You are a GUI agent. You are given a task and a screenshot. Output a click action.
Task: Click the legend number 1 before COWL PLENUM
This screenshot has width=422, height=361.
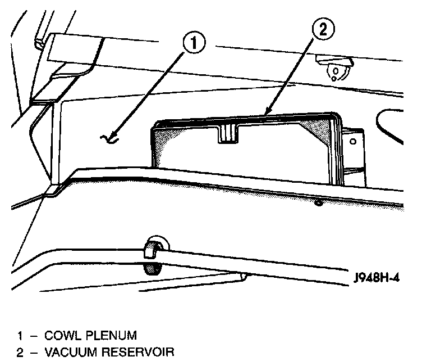pos(20,336)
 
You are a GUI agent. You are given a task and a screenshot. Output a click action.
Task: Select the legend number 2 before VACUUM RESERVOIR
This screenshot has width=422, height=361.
pos(20,353)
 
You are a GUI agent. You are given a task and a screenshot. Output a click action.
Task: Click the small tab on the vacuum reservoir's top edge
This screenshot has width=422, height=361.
pos(228,133)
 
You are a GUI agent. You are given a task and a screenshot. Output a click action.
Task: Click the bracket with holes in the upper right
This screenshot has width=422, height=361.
pos(335,69)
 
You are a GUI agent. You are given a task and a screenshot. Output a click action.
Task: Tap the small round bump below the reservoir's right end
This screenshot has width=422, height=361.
pos(318,201)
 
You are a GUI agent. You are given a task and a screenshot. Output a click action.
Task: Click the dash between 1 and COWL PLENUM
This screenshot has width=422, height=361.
pos(35,336)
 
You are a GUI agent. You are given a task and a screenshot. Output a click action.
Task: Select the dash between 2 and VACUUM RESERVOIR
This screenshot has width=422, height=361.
pos(35,353)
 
